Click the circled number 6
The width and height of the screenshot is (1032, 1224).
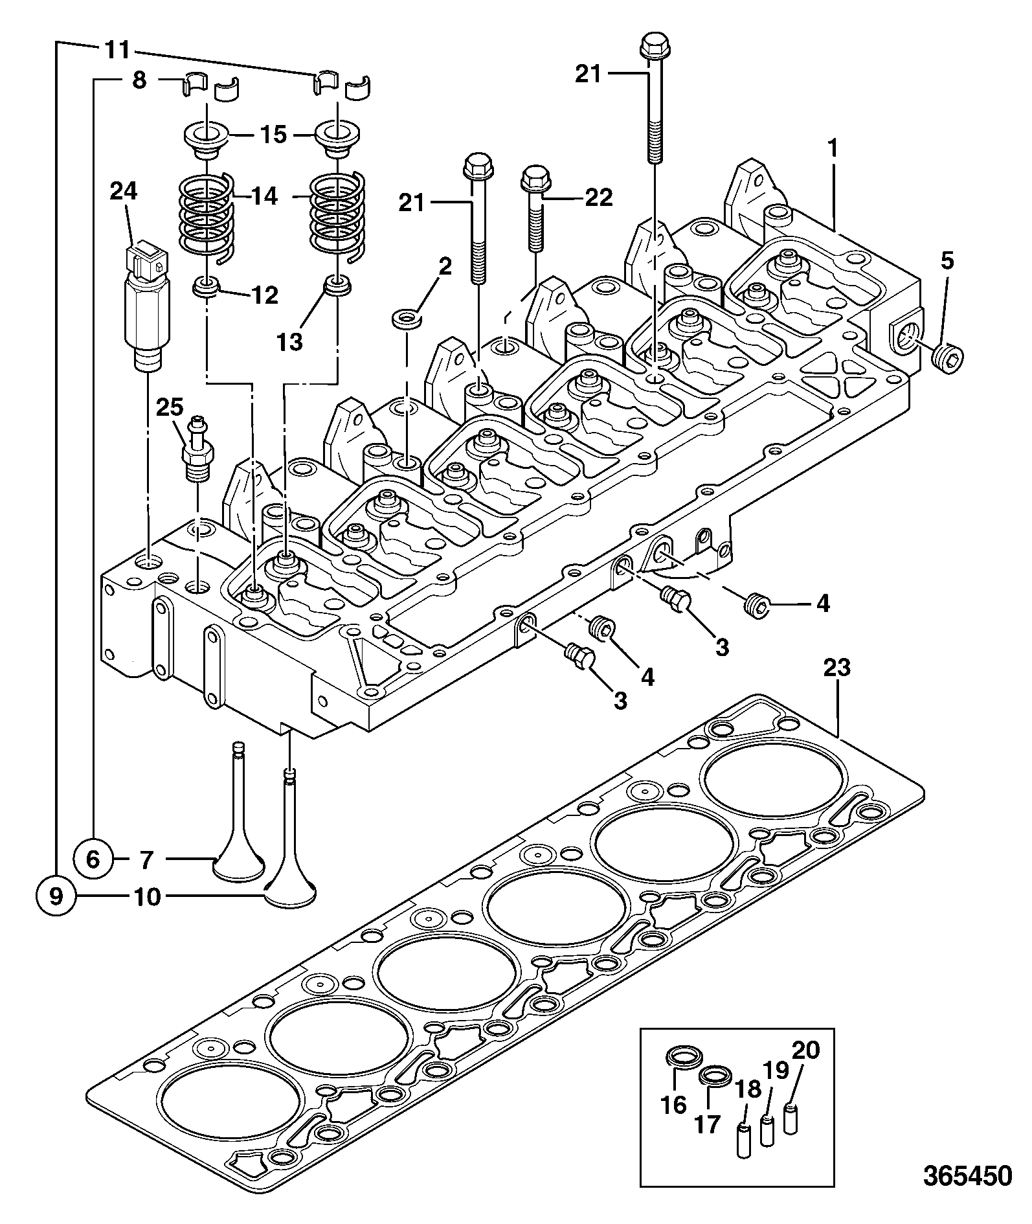[93, 859]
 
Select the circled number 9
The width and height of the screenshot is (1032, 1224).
[56, 896]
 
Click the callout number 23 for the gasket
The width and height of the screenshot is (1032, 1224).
[837, 668]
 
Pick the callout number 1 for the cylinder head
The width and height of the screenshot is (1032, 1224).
[832, 149]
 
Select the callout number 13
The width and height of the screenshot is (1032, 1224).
[291, 341]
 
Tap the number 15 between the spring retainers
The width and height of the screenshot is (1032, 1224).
[273, 135]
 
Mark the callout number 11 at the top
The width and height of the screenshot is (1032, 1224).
[117, 50]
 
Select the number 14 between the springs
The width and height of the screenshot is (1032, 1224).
[265, 196]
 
